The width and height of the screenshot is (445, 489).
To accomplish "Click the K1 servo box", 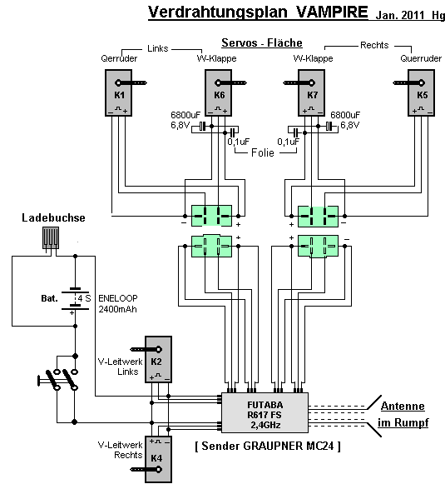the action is pyautogui.click(x=118, y=92).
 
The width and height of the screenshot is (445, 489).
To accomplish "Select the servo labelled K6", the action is pyautogui.click(x=218, y=92).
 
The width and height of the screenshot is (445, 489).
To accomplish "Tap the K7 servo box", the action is pyautogui.click(x=311, y=92).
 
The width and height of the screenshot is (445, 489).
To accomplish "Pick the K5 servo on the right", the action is pyautogui.click(x=422, y=92).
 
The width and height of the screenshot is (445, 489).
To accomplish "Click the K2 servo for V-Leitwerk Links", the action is pyautogui.click(x=159, y=359).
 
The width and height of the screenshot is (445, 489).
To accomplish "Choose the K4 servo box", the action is pyautogui.click(x=159, y=459).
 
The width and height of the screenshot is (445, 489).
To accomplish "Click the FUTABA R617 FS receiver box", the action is pyautogui.click(x=265, y=412).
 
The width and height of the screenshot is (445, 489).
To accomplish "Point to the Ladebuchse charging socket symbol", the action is pyautogui.click(x=51, y=237).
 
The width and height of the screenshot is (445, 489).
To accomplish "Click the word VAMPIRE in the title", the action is pyautogui.click(x=332, y=12).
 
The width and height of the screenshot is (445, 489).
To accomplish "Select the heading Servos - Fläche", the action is pyautogui.click(x=262, y=42).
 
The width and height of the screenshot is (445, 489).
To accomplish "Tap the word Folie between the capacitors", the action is pyautogui.click(x=263, y=152).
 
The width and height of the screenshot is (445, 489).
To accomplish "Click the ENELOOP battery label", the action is pyautogui.click(x=118, y=298).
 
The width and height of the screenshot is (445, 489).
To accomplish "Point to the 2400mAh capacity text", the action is pyautogui.click(x=118, y=309).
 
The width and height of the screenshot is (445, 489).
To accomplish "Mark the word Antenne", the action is pyautogui.click(x=403, y=406).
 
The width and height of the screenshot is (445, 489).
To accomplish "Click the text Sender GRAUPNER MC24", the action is pyautogui.click(x=268, y=446).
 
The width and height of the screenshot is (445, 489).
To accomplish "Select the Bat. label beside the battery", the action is pyautogui.click(x=50, y=298).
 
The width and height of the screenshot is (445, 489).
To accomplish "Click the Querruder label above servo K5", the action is pyautogui.click(x=421, y=58).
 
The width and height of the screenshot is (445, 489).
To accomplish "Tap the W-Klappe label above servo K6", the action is pyautogui.click(x=216, y=58).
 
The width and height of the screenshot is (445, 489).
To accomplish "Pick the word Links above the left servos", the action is pyautogui.click(x=157, y=48).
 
